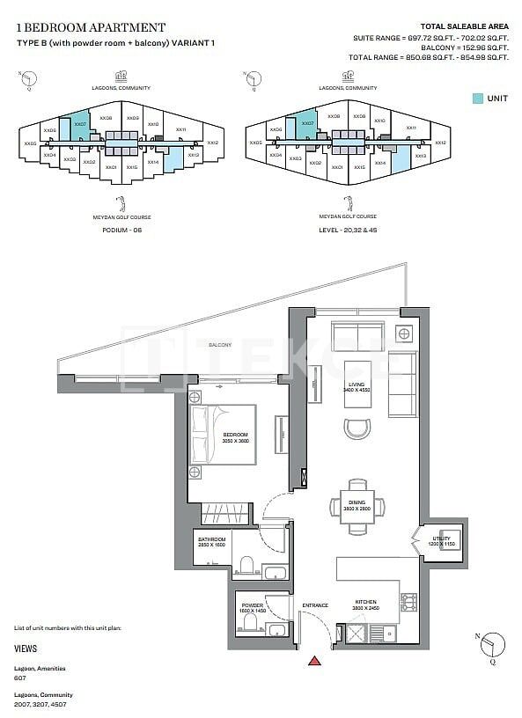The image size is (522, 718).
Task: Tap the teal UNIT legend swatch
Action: tap(477, 99)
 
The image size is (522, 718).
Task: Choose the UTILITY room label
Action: tap(440, 539)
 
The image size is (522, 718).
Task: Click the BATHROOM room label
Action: tap(211, 542)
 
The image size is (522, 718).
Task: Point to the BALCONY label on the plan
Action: tap(220, 345)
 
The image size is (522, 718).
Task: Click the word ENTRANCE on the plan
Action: tap(314, 605)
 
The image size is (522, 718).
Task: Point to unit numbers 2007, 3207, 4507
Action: tap(40, 705)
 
